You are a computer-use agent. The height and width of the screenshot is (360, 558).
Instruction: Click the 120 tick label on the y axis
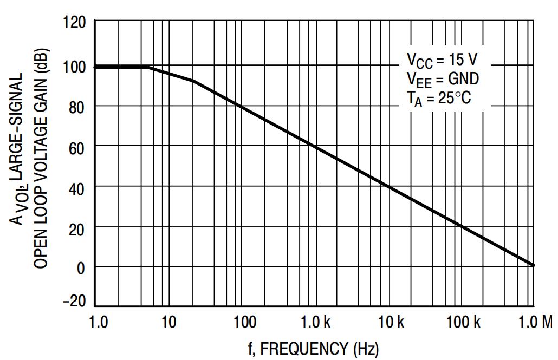pos(75,24)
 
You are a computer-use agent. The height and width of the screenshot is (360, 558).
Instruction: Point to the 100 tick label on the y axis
pos(75,67)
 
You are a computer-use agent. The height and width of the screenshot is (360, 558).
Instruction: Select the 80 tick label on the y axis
pos(78,107)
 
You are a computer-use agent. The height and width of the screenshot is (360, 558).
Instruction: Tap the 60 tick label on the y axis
pos(78,147)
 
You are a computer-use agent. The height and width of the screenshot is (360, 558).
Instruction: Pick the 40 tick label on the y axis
pos(78,187)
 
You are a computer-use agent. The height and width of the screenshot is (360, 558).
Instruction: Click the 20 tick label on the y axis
pos(78,227)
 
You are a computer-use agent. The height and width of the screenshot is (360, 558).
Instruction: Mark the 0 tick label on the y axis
pos(81,267)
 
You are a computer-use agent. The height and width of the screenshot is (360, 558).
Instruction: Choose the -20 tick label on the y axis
pos(74,302)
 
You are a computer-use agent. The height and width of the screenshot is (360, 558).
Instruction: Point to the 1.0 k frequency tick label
pos(316,323)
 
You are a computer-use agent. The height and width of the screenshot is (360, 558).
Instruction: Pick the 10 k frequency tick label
pos(391,323)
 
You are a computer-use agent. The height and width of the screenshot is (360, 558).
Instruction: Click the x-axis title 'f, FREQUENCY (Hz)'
pos(314,349)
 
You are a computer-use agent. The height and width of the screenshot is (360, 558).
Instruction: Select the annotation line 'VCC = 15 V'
pos(442,59)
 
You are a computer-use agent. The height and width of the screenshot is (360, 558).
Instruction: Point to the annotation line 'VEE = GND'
pos(443,79)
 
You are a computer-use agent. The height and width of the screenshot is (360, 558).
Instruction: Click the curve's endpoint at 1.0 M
pos(534,265)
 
